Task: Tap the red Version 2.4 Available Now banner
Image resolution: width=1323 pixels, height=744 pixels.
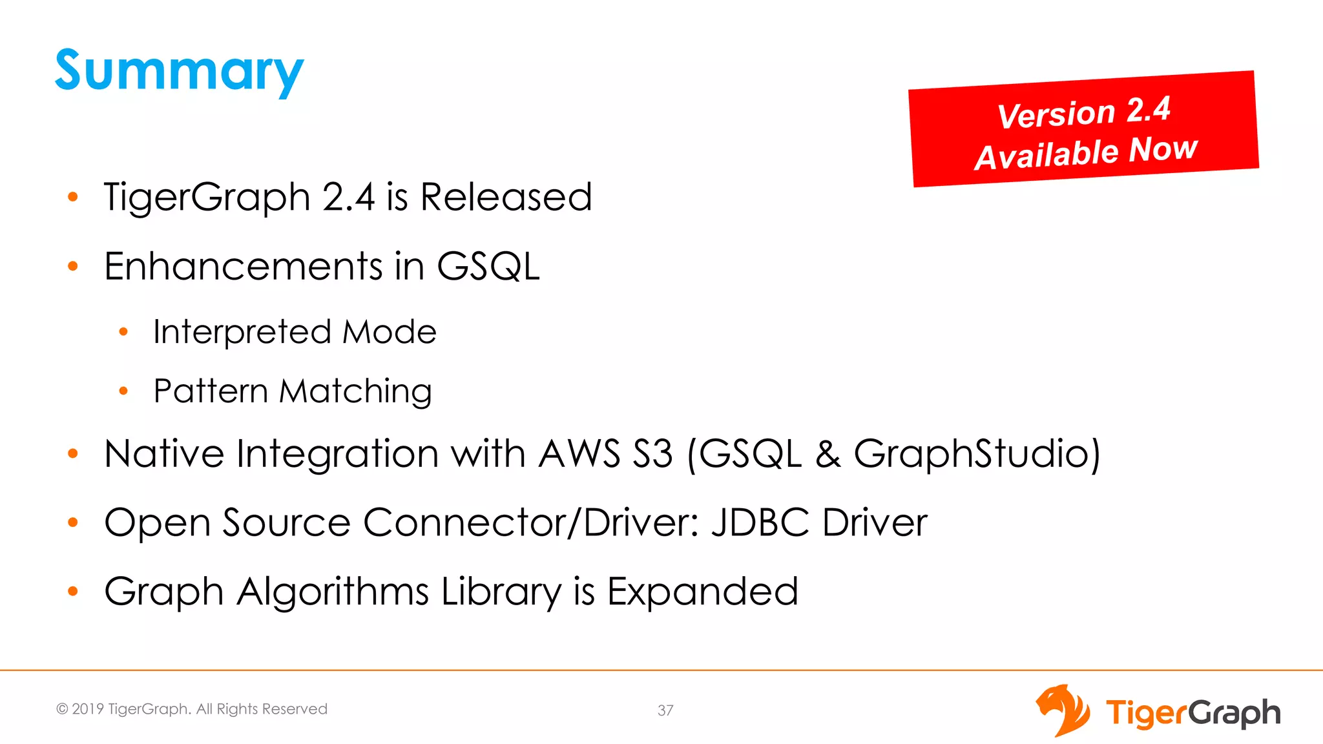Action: (x=1084, y=129)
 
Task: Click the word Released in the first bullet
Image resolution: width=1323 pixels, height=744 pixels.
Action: (x=506, y=197)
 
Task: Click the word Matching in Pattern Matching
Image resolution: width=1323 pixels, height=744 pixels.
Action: (x=356, y=391)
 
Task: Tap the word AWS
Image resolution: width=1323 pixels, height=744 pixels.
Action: (x=579, y=453)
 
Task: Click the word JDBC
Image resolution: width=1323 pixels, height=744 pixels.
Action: (x=760, y=522)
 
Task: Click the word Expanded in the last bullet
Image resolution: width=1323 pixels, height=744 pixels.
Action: (x=702, y=591)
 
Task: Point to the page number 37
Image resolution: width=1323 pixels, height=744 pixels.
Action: (x=665, y=710)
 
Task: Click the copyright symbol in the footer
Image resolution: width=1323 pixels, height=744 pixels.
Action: (x=62, y=709)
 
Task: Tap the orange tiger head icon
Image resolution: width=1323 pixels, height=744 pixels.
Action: (x=1063, y=710)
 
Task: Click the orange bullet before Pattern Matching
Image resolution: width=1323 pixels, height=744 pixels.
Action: (x=123, y=391)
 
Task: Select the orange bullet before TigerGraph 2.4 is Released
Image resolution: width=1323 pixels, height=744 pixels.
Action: (x=73, y=196)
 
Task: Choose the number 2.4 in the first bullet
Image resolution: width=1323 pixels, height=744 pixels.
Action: (x=348, y=197)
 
